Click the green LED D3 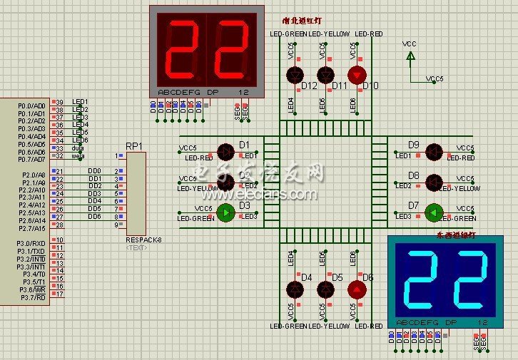[x=225, y=212]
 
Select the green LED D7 [x=432, y=212]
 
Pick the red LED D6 [x=357, y=289]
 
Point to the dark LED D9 [x=432, y=151]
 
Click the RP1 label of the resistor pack [x=134, y=145]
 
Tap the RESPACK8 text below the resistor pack [x=143, y=240]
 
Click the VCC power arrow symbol [x=410, y=56]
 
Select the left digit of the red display [x=183, y=48]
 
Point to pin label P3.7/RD [x=32, y=297]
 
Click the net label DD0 [x=94, y=171]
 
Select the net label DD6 [x=94, y=217]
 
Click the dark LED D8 [x=432, y=181]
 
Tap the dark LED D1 [x=225, y=151]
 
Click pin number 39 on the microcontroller [x=60, y=102]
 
